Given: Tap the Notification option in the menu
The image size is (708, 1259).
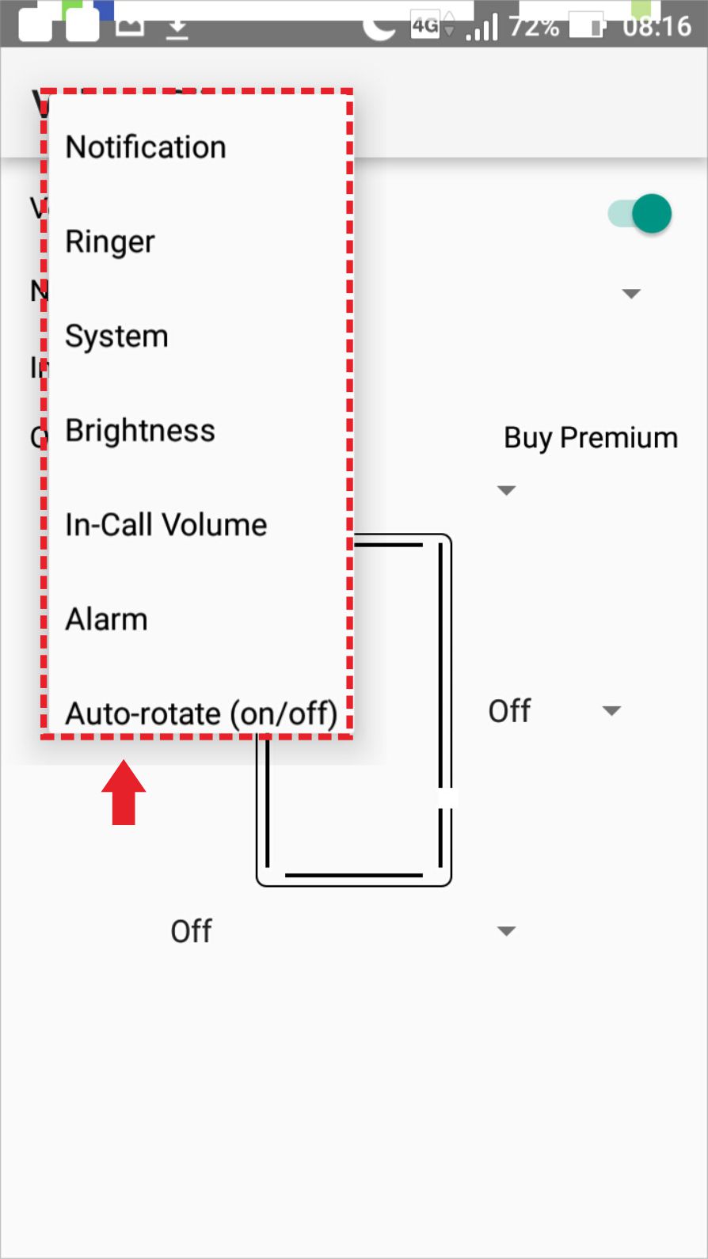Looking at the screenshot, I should coord(146,147).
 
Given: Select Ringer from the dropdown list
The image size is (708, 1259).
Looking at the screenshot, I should coord(110,242).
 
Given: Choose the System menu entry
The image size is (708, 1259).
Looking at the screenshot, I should coord(116,337).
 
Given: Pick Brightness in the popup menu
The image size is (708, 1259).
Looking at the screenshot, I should coord(140,431).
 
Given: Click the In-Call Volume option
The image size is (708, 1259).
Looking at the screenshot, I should coord(166,525).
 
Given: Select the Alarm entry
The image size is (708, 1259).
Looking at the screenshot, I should coord(107,619).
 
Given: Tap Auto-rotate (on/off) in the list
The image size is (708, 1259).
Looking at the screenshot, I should coord(201,713).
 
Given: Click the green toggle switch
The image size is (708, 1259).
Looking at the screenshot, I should coord(641,214).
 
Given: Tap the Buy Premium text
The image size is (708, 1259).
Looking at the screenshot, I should coord(591,438).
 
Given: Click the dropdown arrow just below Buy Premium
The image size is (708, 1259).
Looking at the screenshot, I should coord(506,490).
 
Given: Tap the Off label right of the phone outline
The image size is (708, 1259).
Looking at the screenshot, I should coord(509,711).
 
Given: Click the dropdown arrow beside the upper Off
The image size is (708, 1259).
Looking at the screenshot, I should coord(611,711).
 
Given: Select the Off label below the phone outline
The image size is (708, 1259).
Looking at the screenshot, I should coord(192,931).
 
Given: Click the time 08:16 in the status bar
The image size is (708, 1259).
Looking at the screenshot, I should coord(657,26).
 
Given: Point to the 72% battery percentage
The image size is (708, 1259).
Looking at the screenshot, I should coord(534,26).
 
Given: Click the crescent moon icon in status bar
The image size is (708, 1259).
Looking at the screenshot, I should coord(379,27).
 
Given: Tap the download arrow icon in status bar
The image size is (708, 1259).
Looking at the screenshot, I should coord(177,29).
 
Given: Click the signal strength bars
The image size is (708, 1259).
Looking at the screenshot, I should coord(482,28).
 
